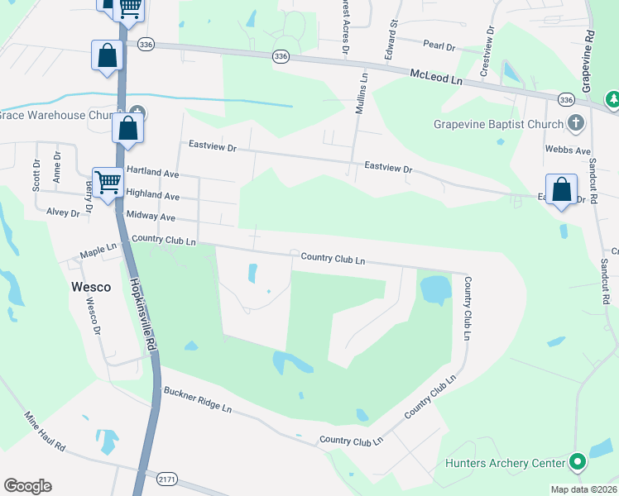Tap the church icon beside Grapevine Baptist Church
[576, 124]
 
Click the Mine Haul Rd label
[45, 434]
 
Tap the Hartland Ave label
[152, 175]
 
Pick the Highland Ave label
[152, 196]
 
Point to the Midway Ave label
[151, 217]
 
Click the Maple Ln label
[98, 248]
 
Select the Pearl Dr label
[439, 47]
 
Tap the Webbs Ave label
[568, 151]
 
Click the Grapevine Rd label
[587, 62]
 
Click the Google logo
[27, 486]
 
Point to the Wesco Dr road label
[94, 317]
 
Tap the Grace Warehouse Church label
[54, 115]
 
